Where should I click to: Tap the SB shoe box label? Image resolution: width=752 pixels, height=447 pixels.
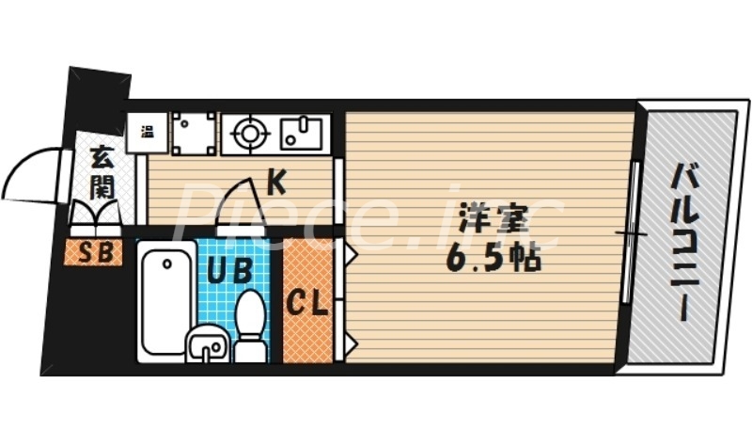click(93, 251)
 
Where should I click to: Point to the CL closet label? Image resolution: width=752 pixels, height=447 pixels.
click(306, 303)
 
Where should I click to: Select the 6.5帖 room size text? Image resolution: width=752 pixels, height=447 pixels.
click(494, 258)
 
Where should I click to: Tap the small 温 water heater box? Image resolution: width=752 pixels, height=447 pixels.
click(148, 131)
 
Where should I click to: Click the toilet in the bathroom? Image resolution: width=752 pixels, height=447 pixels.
click(250, 325)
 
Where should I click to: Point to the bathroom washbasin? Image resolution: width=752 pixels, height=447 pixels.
click(206, 346)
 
